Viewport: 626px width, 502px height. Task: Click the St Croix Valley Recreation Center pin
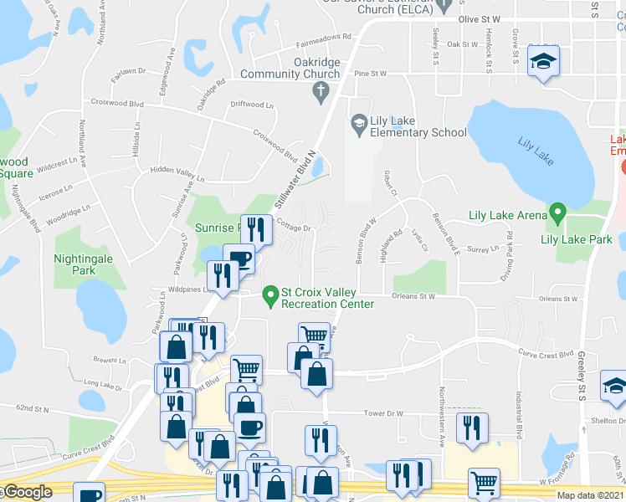[269, 295]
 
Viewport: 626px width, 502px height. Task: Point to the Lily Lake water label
[537, 144]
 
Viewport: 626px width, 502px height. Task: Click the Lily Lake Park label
[577, 239]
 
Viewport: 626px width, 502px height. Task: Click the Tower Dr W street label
[383, 413]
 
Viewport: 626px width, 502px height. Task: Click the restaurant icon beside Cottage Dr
[257, 229]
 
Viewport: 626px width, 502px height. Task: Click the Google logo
[28, 493]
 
